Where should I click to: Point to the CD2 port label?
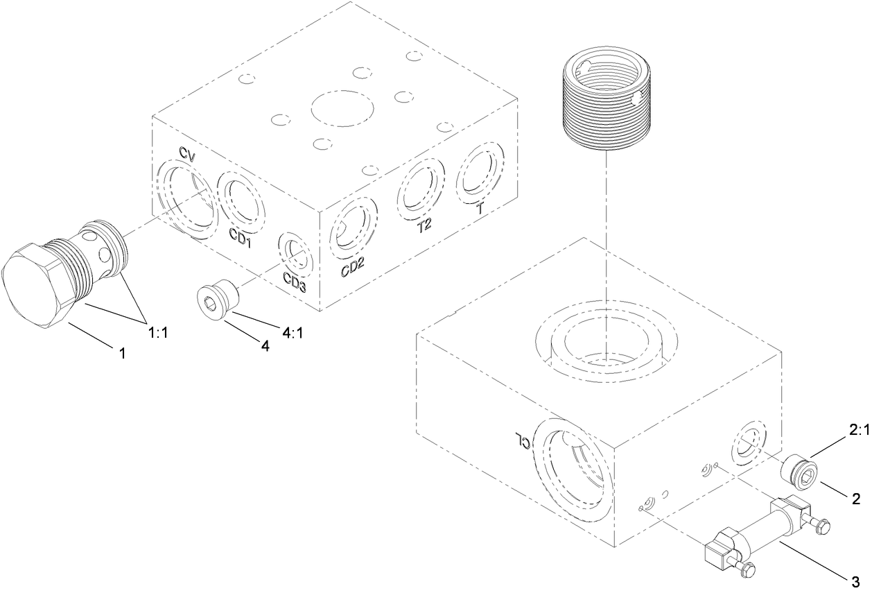point(353,267)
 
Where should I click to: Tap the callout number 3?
point(855,580)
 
